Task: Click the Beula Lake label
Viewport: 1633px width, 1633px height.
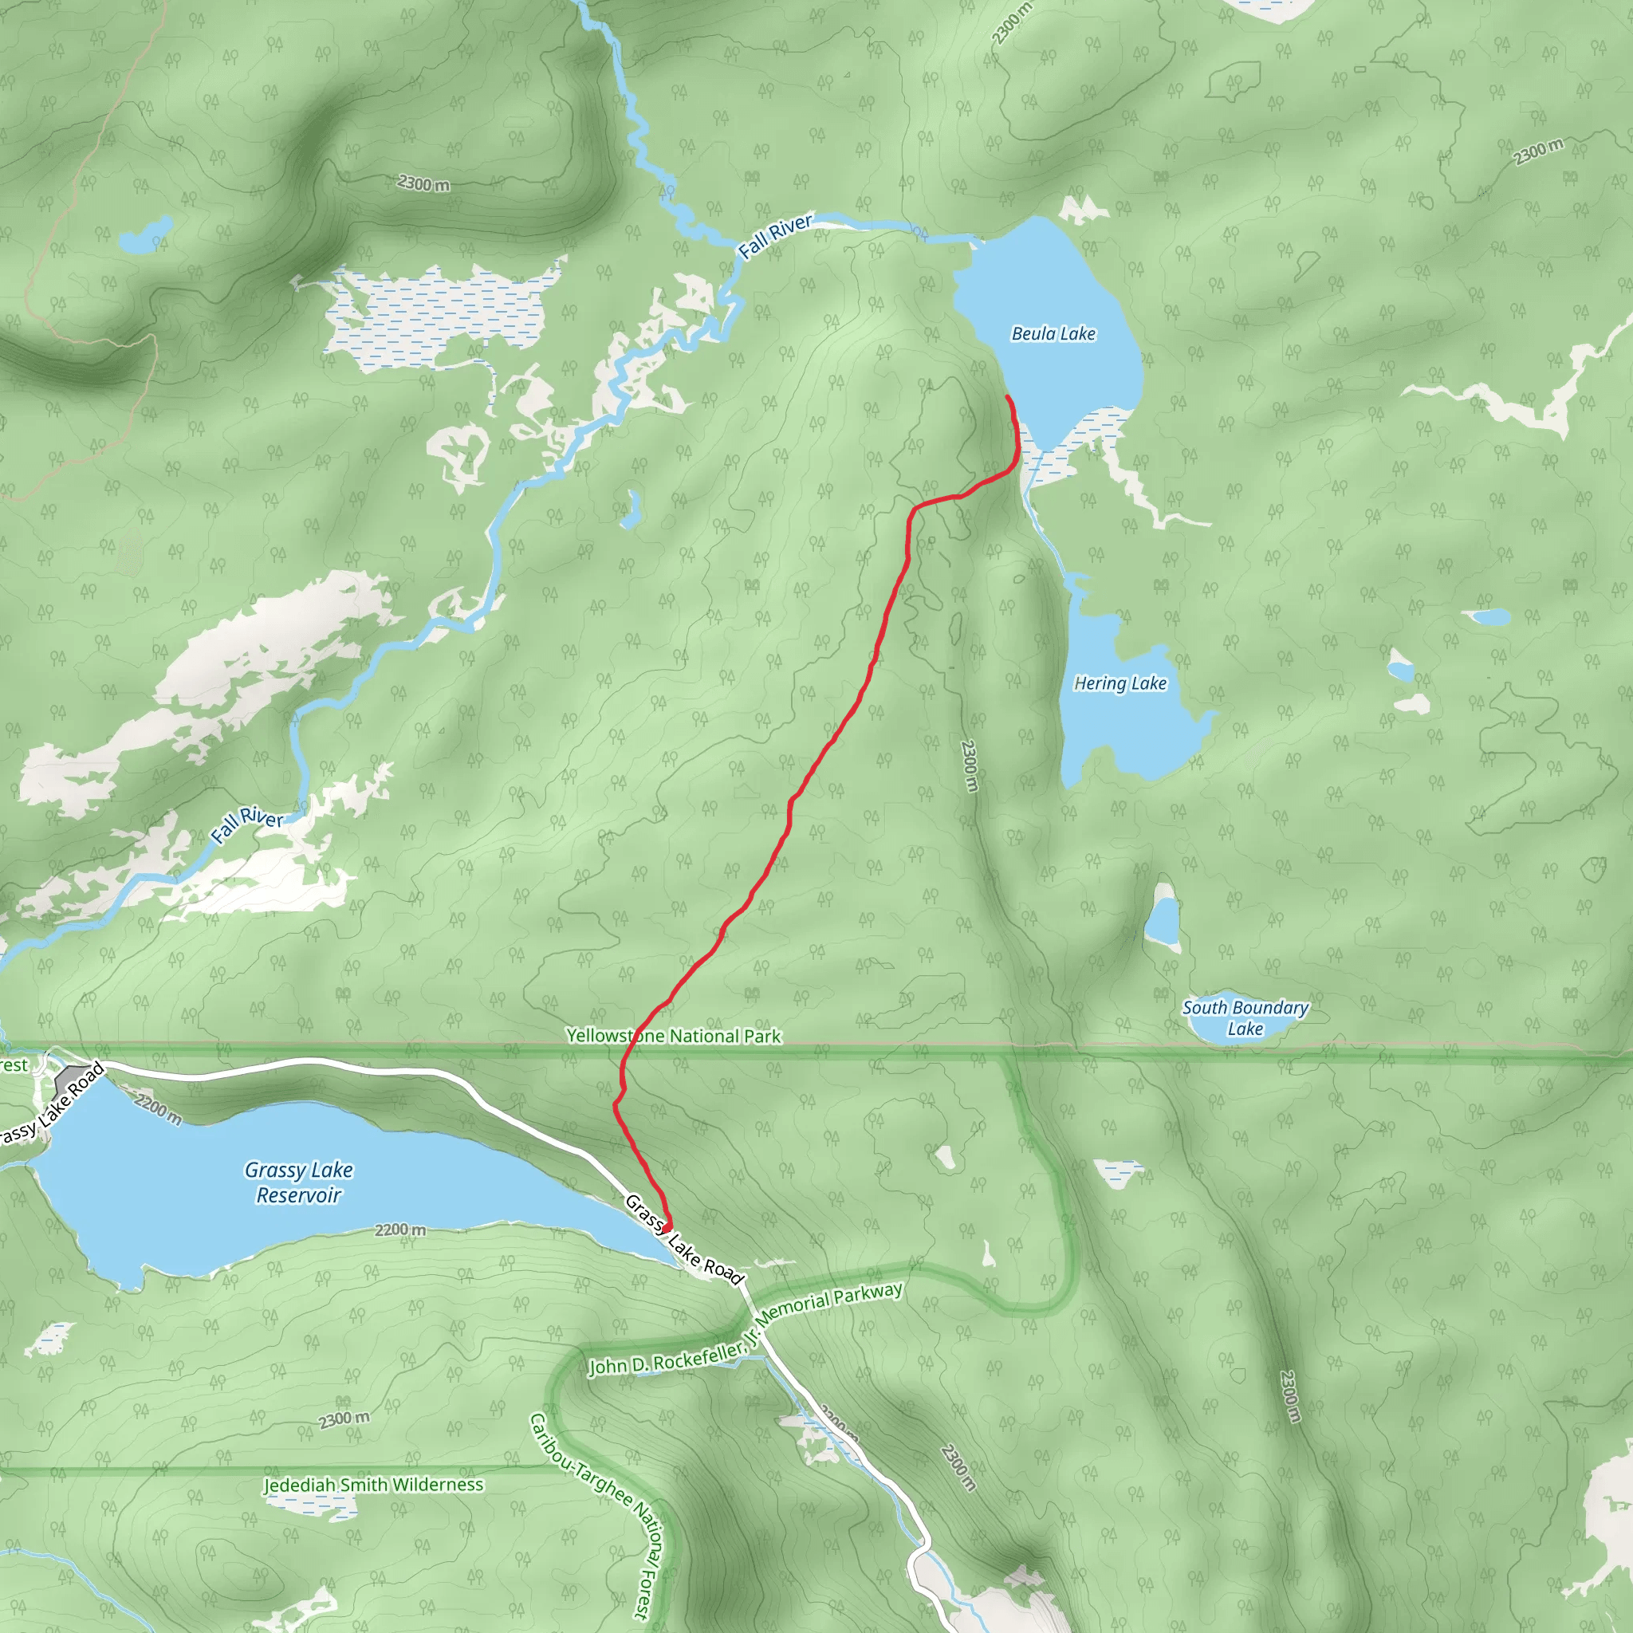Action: tap(1053, 334)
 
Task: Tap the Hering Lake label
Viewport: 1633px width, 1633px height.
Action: tap(1120, 683)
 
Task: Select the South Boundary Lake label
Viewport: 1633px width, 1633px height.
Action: tap(1245, 1017)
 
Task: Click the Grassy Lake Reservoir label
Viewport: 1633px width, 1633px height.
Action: tap(298, 1182)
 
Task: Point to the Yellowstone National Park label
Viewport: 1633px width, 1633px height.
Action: tap(674, 1037)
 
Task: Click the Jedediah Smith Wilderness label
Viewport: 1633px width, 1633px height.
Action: tap(374, 1484)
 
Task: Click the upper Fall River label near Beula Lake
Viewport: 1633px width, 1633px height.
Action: tap(775, 236)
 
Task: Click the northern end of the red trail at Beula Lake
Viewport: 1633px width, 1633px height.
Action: tap(1007, 396)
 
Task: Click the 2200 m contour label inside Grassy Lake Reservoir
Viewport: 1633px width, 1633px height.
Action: tap(400, 1230)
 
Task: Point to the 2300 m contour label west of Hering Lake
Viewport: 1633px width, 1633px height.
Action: tap(970, 765)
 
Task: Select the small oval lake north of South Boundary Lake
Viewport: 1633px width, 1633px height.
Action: tap(1163, 921)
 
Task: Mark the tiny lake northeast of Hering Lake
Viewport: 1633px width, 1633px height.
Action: tap(1489, 616)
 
